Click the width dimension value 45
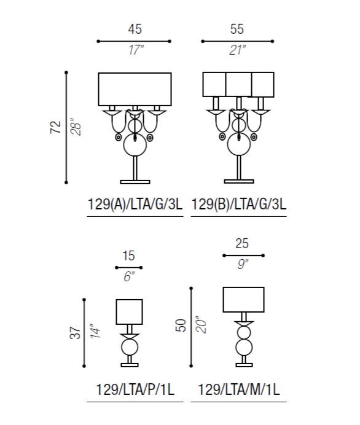tap(135, 29)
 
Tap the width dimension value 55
tap(237, 29)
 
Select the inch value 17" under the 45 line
tap(136, 50)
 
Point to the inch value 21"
tap(238, 50)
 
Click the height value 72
tap(55, 127)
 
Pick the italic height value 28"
tap(76, 127)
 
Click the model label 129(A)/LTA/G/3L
tap(135, 204)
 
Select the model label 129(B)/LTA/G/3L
tap(239, 204)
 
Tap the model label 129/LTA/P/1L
tap(135, 390)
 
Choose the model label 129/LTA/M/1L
tap(239, 390)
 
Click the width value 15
tap(128, 256)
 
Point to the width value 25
tap(242, 243)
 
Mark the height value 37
tap(76, 332)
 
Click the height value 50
tap(181, 326)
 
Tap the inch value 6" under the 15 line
tap(129, 277)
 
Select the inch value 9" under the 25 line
tap(243, 264)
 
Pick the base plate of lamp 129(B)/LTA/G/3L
tap(239, 181)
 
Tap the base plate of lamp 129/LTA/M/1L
tap(245, 365)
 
